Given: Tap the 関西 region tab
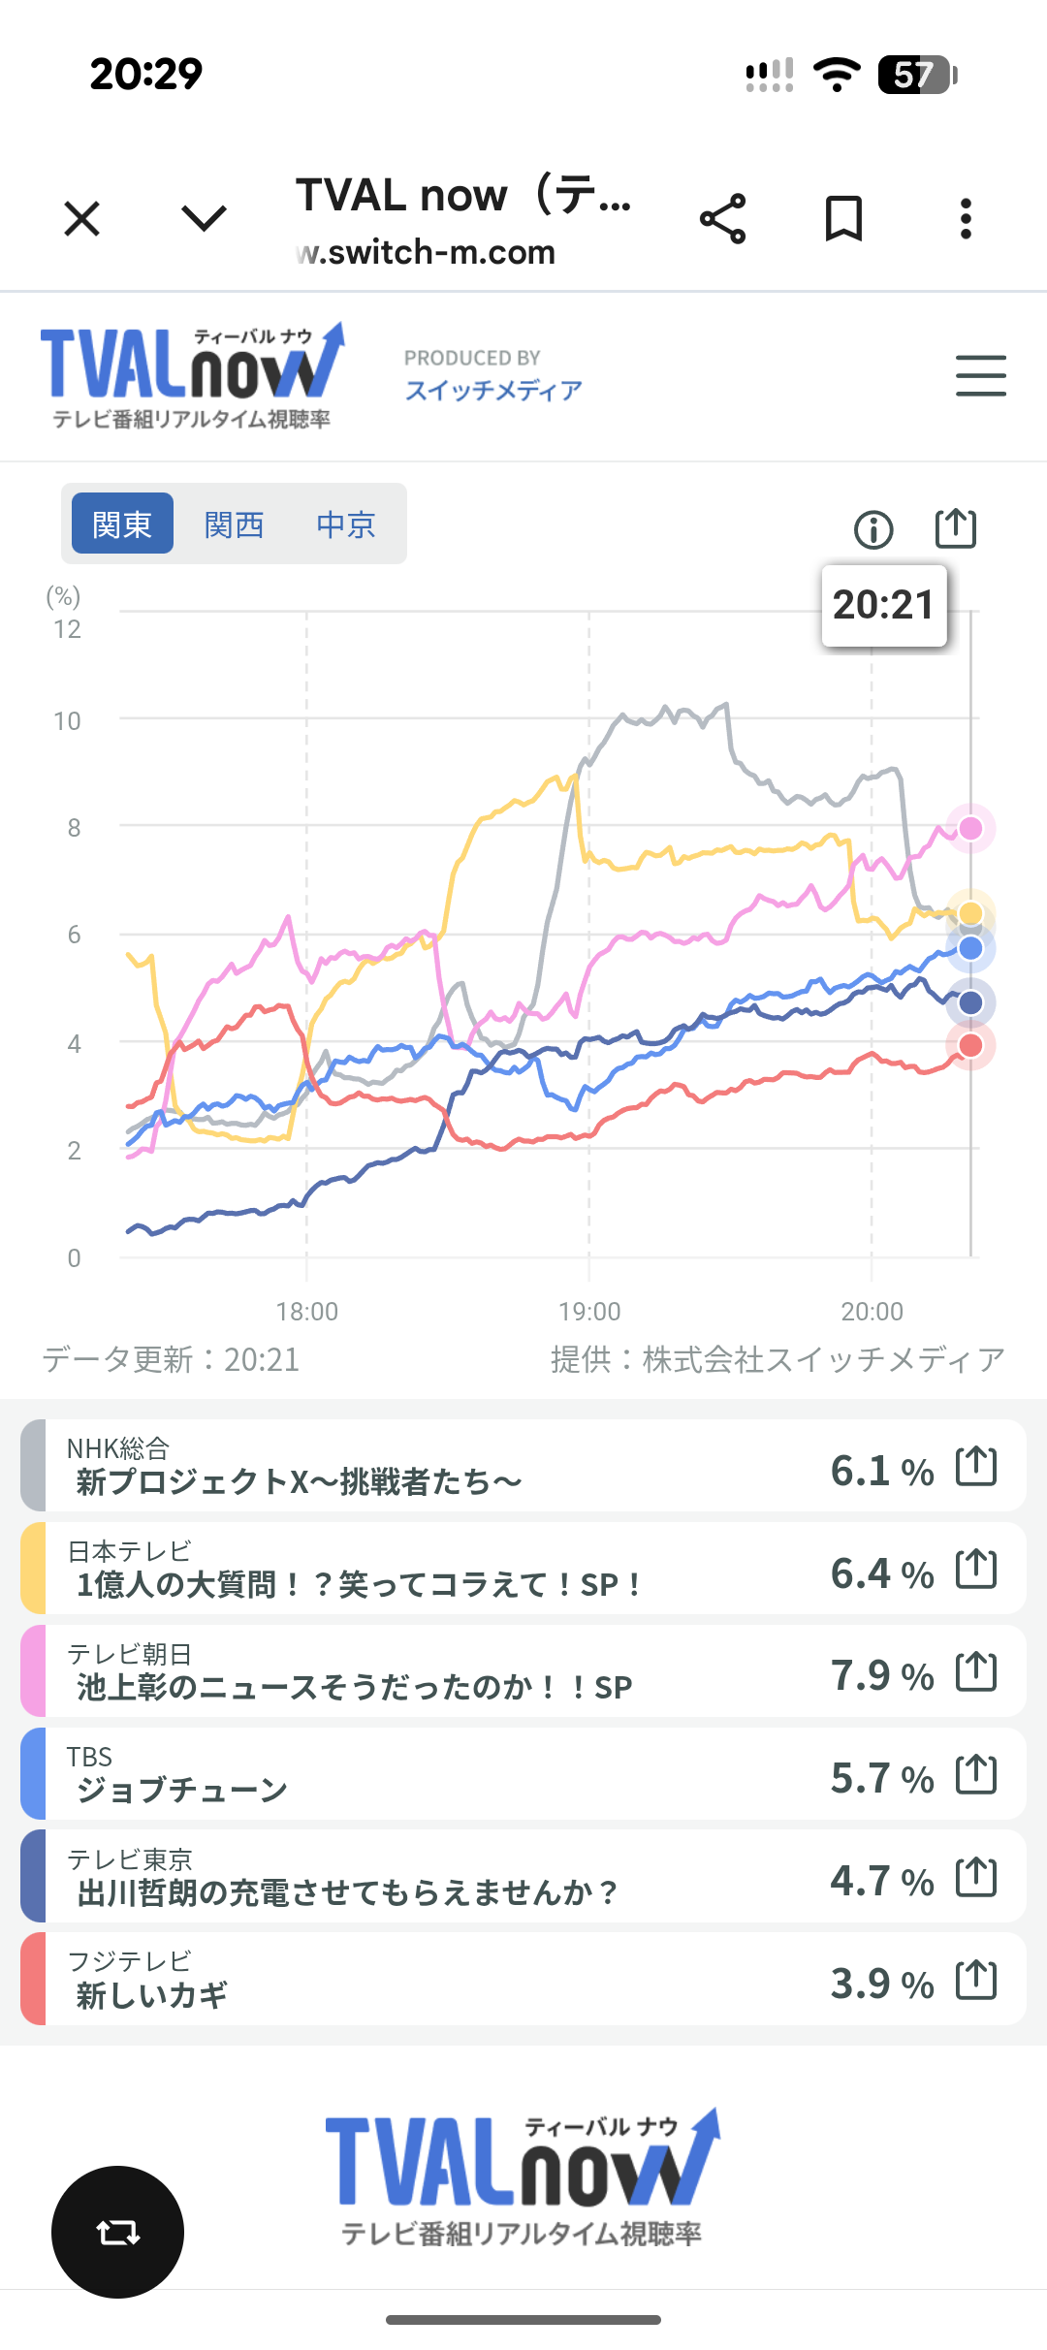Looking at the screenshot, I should [234, 524].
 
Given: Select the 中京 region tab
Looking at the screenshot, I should [345, 524].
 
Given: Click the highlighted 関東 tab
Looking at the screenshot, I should [122, 524].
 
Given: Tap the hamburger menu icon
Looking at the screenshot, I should [980, 375].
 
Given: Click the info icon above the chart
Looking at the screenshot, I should [873, 530].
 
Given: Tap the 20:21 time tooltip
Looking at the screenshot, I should [883, 605].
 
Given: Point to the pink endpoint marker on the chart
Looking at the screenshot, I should [970, 828].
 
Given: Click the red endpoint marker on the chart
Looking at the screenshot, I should [970, 1045].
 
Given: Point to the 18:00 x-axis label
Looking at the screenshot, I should [306, 1312].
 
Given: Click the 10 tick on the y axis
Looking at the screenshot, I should [67, 721].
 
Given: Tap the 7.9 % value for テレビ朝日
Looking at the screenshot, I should [881, 1674].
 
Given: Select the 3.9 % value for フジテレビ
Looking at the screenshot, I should [881, 1983].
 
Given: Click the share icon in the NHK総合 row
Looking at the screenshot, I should [976, 1465].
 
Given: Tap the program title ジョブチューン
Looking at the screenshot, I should [182, 1789].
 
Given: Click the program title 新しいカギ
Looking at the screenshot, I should [152, 1994].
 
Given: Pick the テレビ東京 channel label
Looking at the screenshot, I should [130, 1858].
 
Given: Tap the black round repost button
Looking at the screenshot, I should [117, 2232].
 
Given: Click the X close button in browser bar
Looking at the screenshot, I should [82, 218].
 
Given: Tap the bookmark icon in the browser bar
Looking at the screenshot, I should [843, 218].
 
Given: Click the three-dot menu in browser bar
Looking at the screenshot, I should [966, 218].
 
